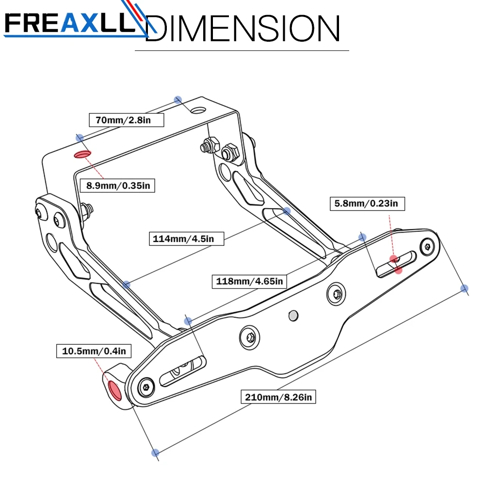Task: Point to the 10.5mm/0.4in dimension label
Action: pyautogui.click(x=93, y=351)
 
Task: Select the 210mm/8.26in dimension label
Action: pyautogui.click(x=279, y=397)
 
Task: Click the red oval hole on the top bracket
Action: pyautogui.click(x=82, y=155)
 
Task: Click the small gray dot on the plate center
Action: pyautogui.click(x=292, y=316)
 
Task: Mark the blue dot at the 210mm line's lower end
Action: pyautogui.click(x=155, y=453)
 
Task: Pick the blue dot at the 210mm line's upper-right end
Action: pyautogui.click(x=465, y=289)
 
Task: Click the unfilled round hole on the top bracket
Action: pyautogui.click(x=197, y=110)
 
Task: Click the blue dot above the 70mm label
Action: pyautogui.click(x=178, y=99)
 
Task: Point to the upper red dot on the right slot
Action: pyautogui.click(x=394, y=259)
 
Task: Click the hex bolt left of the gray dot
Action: pyautogui.click(x=250, y=338)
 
